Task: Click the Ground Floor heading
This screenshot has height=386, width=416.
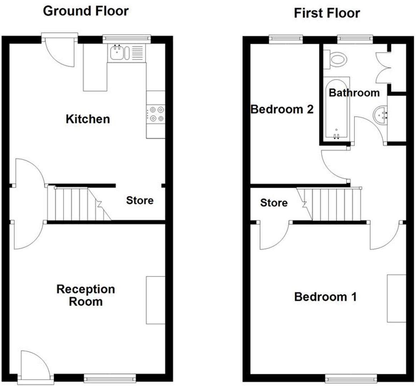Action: (86, 11)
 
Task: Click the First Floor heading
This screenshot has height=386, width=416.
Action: (327, 13)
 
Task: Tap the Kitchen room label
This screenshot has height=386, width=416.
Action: (88, 119)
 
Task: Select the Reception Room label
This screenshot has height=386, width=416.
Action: (86, 295)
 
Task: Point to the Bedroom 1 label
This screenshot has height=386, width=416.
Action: (325, 297)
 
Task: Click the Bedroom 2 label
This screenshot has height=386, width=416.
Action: (282, 109)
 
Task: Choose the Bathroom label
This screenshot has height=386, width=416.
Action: (354, 93)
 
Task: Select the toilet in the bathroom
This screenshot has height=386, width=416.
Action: (336, 59)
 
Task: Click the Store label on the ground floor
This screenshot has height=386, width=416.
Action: (140, 201)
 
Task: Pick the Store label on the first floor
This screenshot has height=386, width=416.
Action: (274, 203)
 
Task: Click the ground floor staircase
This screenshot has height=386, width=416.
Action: (79, 204)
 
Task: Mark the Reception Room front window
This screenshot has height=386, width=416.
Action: (110, 377)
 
